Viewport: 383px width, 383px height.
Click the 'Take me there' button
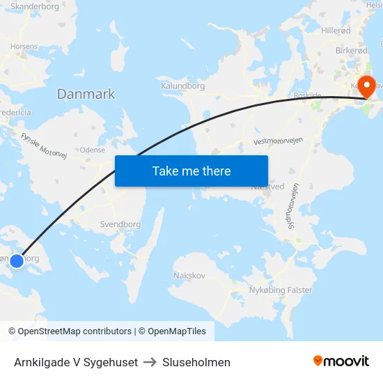pyautogui.click(x=191, y=171)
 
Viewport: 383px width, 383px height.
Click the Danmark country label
pyautogui.click(x=86, y=94)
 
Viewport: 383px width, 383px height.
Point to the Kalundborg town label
pyautogui.click(x=182, y=86)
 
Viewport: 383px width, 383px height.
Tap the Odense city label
pyautogui.click(x=93, y=150)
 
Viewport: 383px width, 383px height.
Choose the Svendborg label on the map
pyautogui.click(x=120, y=224)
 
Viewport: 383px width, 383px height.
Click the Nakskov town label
pyautogui.click(x=189, y=275)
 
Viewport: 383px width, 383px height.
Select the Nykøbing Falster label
pyautogui.click(x=281, y=290)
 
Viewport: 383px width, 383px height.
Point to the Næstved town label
pyautogui.click(x=267, y=187)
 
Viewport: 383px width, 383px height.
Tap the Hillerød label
pyautogui.click(x=337, y=31)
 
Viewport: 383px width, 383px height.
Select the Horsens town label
pyautogui.click(x=24, y=46)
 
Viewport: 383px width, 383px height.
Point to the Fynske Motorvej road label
pyautogui.click(x=43, y=146)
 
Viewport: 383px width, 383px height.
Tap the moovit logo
pyautogui.click(x=341, y=361)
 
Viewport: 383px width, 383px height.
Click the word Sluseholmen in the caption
pyautogui.click(x=196, y=362)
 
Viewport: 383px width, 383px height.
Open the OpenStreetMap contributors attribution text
pyautogui.click(x=70, y=331)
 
